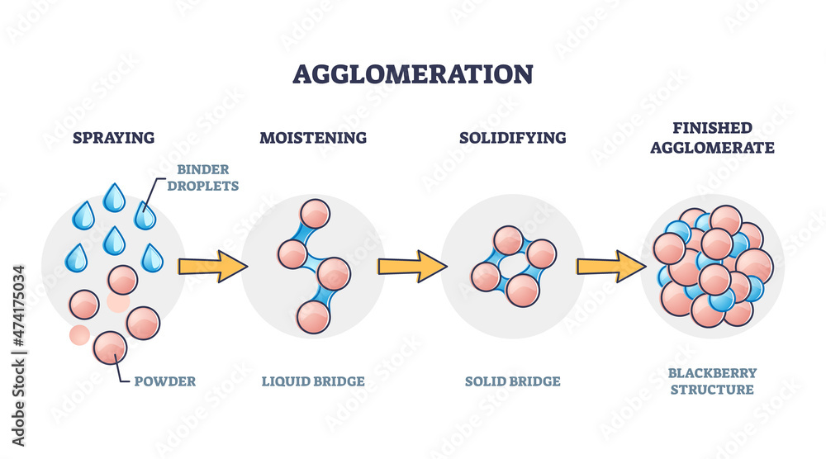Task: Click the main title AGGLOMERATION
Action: (x=412, y=73)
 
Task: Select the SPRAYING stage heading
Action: (x=114, y=137)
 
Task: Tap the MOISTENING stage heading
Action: (x=313, y=137)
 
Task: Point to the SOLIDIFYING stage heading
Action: (x=513, y=137)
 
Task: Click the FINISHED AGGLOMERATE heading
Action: (x=712, y=138)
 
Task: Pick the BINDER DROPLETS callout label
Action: (x=202, y=177)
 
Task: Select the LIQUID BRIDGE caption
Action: (x=313, y=381)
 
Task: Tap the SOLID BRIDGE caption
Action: (x=513, y=381)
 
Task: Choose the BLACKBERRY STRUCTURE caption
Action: (x=712, y=381)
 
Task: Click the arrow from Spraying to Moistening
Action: (x=212, y=266)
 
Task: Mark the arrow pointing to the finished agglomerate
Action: (x=611, y=266)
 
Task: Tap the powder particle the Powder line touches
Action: (x=110, y=347)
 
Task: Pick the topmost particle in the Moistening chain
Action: (x=315, y=215)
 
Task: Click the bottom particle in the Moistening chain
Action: (x=314, y=316)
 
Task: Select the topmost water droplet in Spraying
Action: (x=113, y=196)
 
